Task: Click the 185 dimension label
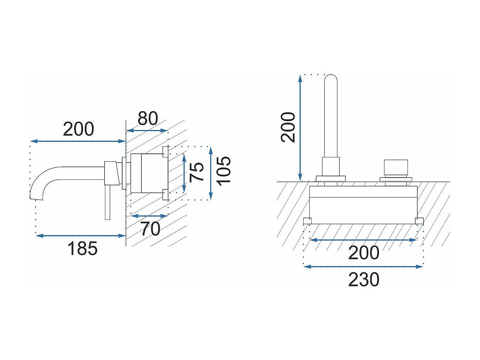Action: point(82,248)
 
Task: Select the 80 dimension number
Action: point(148,118)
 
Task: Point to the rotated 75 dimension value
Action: point(196,172)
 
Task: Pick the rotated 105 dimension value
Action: point(224,171)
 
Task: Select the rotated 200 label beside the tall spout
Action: point(288,127)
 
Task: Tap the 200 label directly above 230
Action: point(364,253)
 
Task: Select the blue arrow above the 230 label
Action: point(363,267)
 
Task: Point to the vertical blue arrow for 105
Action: point(211,173)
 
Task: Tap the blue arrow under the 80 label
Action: point(147,131)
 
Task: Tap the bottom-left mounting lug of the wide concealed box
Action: point(307,221)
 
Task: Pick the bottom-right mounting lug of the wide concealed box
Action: point(419,221)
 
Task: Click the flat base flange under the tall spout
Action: point(331,179)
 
